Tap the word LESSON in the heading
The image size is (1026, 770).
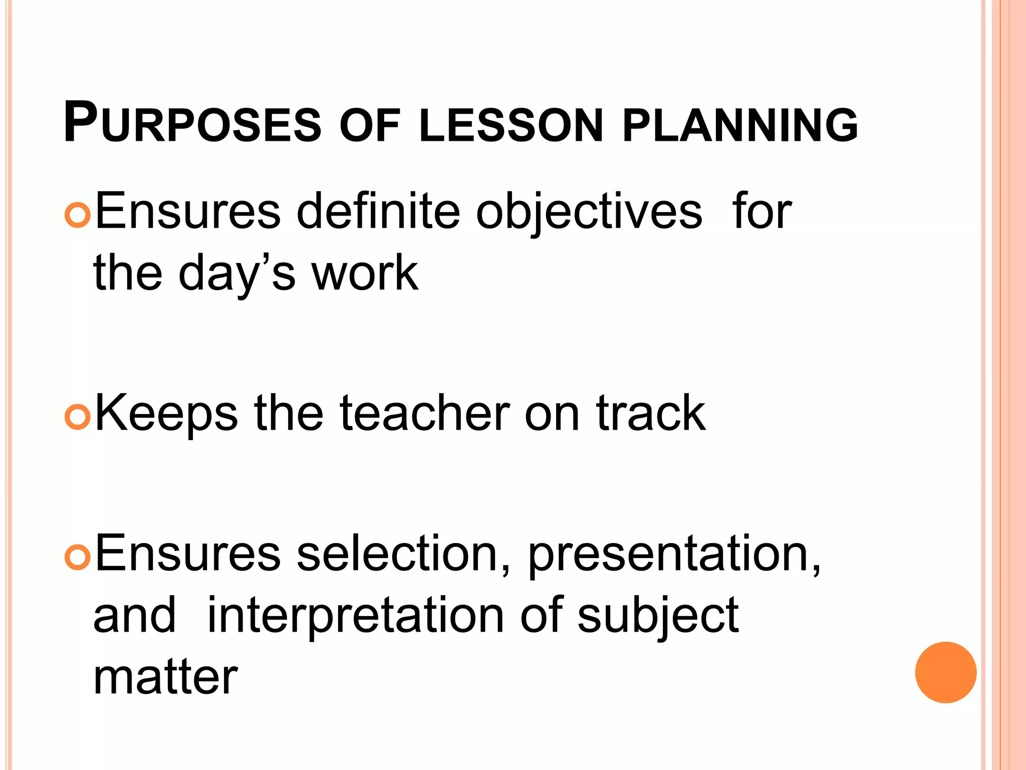coord(511,125)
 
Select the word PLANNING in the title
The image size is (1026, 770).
coord(740,125)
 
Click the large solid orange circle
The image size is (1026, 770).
coord(945,672)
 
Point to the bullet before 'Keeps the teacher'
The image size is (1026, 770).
coord(78,417)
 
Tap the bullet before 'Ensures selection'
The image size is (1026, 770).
coord(78,557)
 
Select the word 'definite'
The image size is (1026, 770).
coord(378,212)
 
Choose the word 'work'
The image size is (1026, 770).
coord(365,273)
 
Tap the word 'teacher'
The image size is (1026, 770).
coord(425,414)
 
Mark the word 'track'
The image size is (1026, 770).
coord(651,414)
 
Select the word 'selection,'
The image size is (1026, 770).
coord(404,554)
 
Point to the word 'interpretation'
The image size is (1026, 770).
coord(355,617)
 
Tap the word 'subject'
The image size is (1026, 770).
coord(658,617)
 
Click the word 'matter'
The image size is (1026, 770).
coord(166,677)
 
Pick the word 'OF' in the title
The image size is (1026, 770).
coord(370,125)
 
